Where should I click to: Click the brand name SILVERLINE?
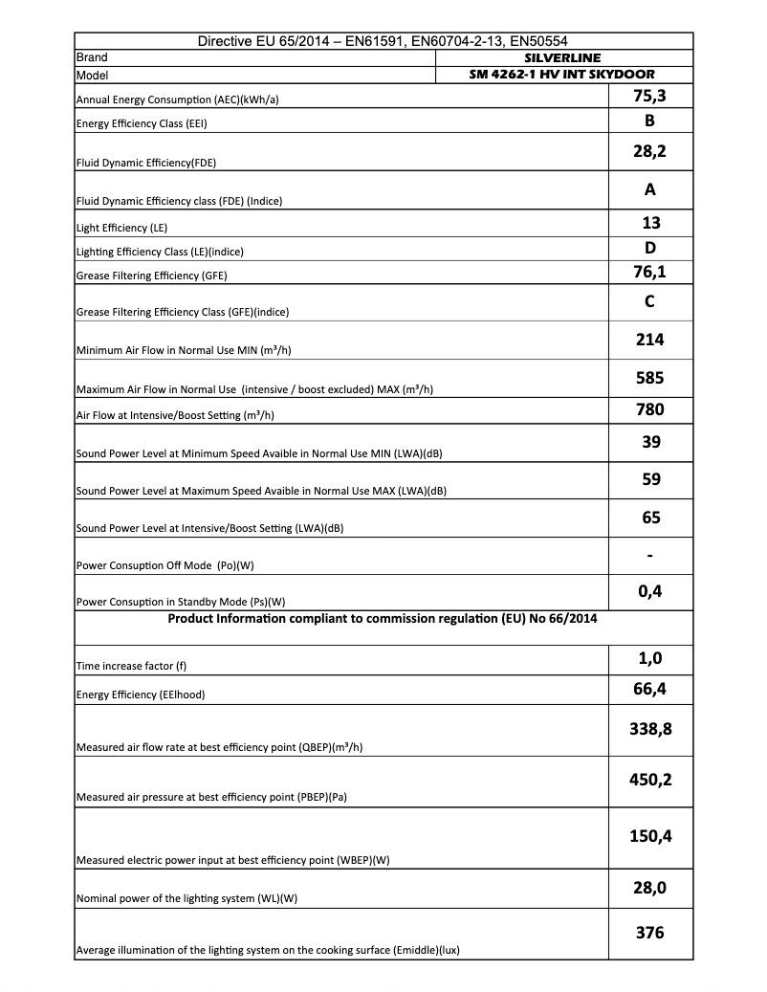[562, 58]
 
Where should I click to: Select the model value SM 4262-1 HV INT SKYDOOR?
[562, 75]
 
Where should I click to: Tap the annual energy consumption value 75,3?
[649, 96]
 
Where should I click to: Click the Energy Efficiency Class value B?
[649, 121]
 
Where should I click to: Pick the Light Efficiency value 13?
[649, 223]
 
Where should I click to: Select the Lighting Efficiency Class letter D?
[649, 249]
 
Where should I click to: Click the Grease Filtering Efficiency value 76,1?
[649, 274]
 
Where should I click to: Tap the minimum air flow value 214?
[649, 340]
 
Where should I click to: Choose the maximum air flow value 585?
[649, 378]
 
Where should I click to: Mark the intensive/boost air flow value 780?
[649, 410]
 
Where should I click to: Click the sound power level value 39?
[649, 442]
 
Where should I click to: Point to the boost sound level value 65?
[649, 518]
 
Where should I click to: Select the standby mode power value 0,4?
[649, 592]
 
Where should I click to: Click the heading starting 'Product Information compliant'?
[383, 618]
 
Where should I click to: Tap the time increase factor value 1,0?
[649, 658]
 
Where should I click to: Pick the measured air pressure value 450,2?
[649, 780]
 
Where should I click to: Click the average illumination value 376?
[649, 933]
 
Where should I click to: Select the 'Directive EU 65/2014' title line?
[383, 42]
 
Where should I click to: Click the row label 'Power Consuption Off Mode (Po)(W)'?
[164, 565]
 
